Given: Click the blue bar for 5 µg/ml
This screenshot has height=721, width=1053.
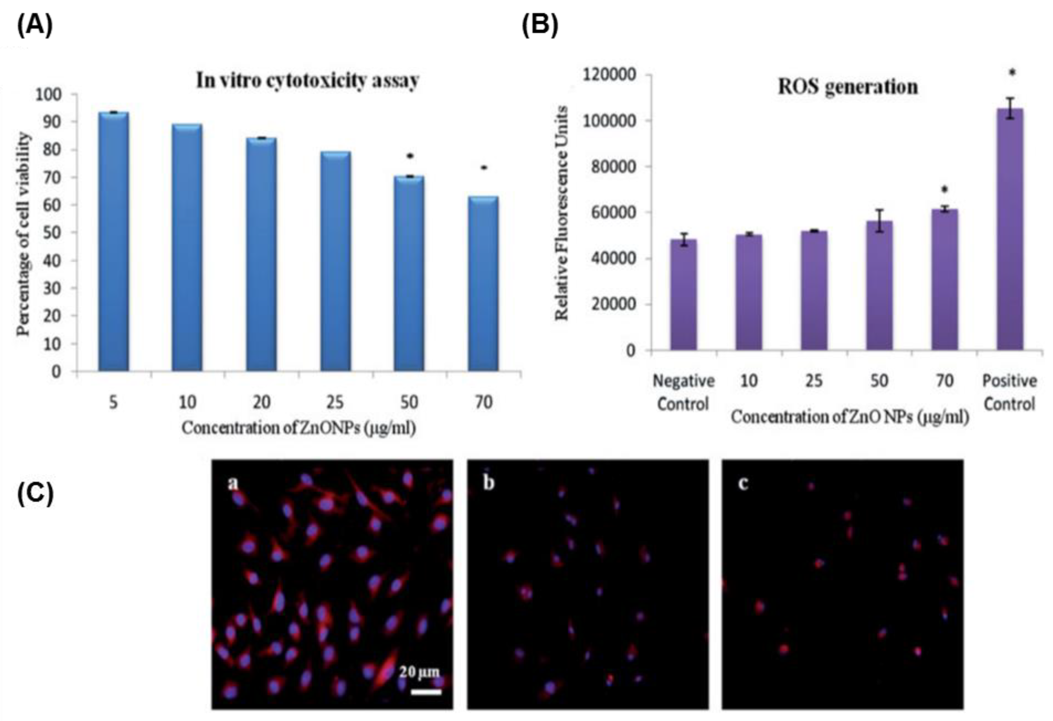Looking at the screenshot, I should point(113,243).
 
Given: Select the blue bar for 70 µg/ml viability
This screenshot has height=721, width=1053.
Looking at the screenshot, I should point(484,284).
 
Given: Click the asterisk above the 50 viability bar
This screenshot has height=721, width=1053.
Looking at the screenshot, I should point(410,156).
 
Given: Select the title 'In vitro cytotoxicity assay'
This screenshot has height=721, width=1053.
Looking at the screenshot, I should point(307,81).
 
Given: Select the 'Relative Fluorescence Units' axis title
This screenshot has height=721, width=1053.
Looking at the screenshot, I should point(562,213).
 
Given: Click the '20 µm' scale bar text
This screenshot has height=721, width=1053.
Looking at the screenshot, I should point(419,672).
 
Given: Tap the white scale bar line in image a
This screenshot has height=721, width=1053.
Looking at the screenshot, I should point(426,692).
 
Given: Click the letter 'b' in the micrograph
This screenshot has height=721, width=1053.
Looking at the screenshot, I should point(489,483).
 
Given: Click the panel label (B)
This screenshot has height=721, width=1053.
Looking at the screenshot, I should point(540,25).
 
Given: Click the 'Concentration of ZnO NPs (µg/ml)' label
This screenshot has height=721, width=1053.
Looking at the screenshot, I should point(849,418).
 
